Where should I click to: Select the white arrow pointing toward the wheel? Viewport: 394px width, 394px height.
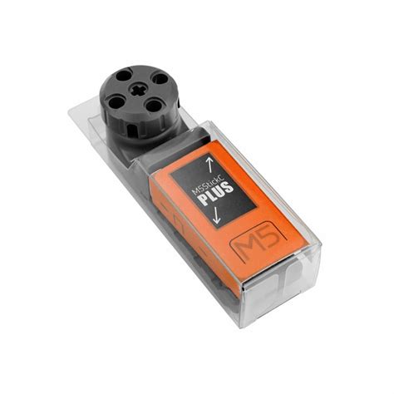coord(209,160)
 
